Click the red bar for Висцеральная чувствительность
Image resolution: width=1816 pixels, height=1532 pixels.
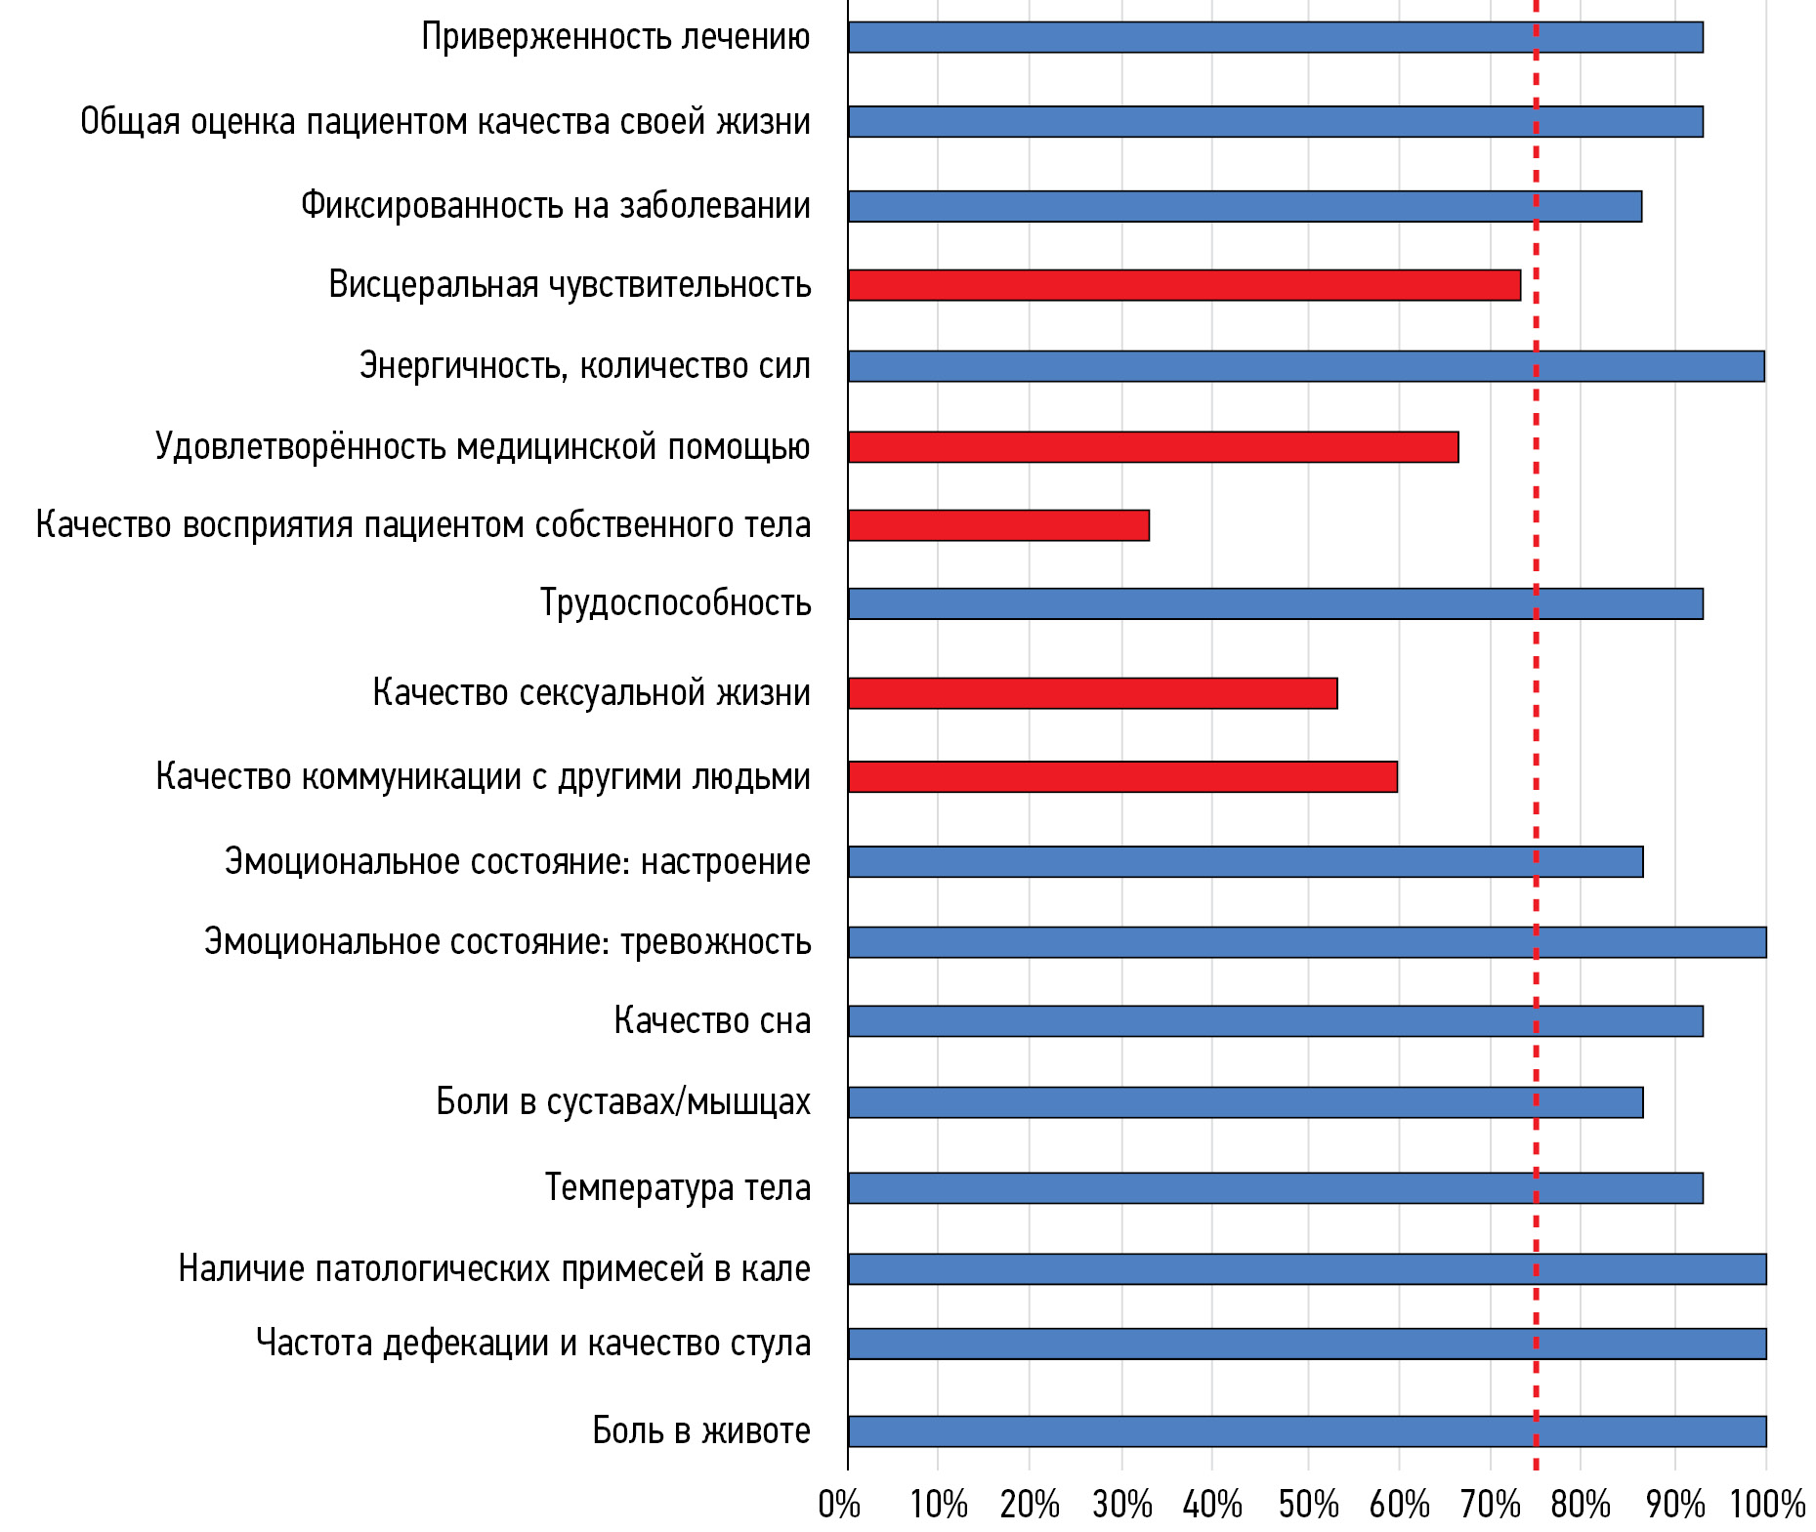[1184, 285]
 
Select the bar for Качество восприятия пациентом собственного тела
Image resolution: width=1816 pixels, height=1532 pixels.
[998, 525]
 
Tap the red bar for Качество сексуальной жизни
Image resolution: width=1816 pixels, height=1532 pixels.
[1092, 693]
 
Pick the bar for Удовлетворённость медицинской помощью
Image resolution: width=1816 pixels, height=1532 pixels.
[1153, 447]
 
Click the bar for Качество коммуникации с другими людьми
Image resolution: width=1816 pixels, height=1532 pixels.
[1122, 777]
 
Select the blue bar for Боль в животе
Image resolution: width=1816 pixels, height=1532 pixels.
[1307, 1431]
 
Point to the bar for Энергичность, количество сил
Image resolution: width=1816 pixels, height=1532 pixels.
[1306, 366]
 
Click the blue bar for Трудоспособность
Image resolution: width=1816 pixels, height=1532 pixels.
[1275, 604]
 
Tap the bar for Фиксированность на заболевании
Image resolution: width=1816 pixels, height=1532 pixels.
[1245, 207]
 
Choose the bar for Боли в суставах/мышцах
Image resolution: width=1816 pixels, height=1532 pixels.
[1246, 1102]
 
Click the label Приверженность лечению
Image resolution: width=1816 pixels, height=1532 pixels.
[615, 37]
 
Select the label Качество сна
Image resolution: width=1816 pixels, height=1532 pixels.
[712, 1021]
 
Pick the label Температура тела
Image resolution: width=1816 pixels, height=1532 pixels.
[678, 1188]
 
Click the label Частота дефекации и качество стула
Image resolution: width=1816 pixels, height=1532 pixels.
[533, 1344]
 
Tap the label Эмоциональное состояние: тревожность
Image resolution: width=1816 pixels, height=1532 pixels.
[508, 942]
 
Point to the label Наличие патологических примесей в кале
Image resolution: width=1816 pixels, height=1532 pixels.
[494, 1269]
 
